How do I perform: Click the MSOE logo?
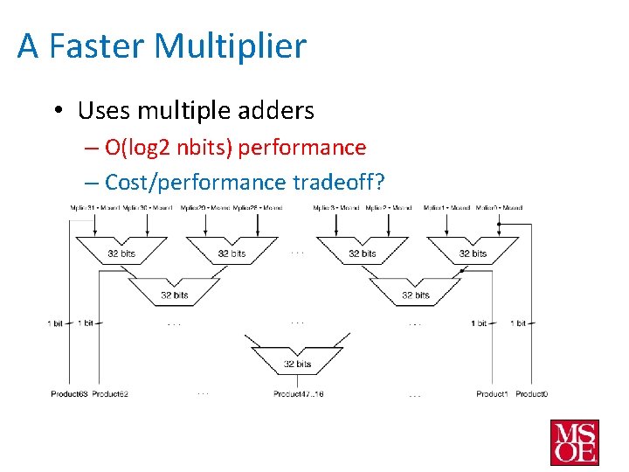[574, 442]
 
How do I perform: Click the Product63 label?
[69, 394]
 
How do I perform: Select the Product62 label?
[110, 394]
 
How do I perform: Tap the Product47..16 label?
[298, 394]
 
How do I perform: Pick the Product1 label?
[492, 394]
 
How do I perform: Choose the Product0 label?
[532, 394]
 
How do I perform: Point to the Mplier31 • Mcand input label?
[95, 208]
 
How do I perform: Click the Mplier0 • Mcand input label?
[500, 208]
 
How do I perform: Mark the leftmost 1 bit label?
[55, 323]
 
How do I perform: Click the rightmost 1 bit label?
[519, 323]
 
